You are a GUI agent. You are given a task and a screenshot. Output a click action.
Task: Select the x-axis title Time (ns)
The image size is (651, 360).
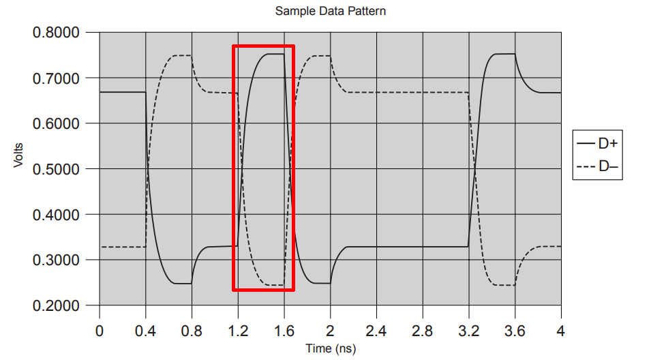point(330,349)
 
